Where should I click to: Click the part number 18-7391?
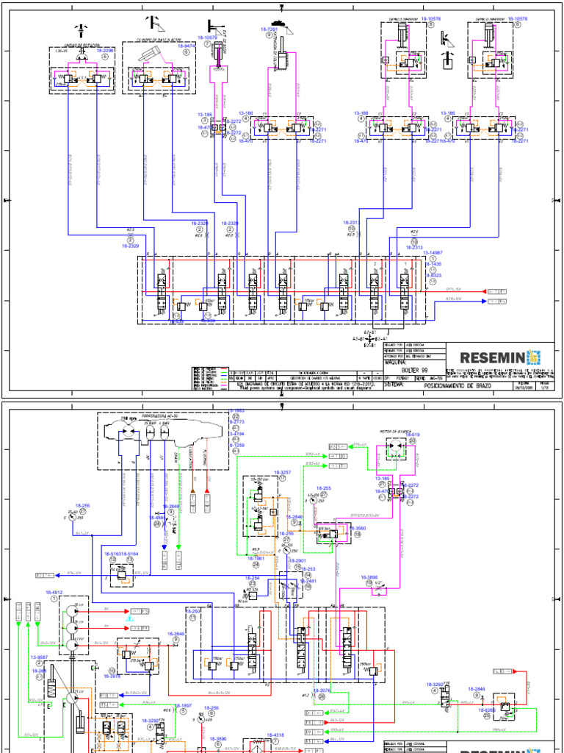(x=269, y=29)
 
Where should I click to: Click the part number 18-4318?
(x=275, y=735)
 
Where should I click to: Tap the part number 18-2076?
(x=323, y=690)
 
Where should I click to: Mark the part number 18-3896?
(x=369, y=577)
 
